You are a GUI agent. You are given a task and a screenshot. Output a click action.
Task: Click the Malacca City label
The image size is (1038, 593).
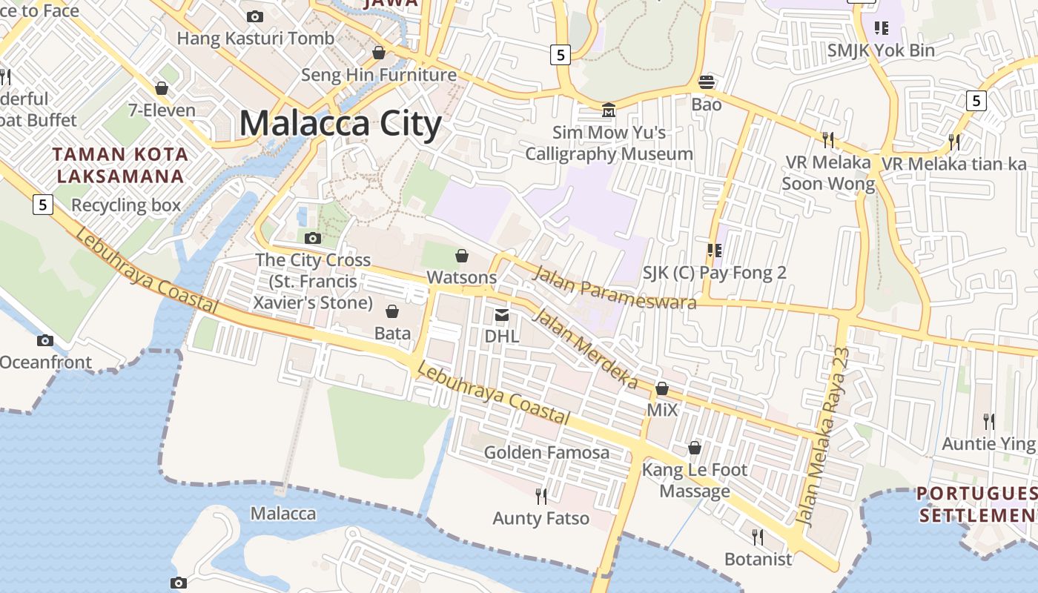click(x=340, y=124)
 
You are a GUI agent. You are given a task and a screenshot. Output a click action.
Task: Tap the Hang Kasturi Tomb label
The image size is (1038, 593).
click(x=255, y=38)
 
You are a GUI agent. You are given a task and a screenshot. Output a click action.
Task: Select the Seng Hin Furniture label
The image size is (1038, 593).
click(x=379, y=75)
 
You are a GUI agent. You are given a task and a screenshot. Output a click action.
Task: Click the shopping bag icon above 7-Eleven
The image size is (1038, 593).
click(x=162, y=89)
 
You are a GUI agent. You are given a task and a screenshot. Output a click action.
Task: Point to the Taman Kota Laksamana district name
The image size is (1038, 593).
click(x=121, y=165)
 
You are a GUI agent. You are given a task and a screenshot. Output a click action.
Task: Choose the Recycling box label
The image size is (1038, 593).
click(x=126, y=205)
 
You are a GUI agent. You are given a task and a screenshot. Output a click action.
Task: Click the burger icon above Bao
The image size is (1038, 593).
click(x=707, y=82)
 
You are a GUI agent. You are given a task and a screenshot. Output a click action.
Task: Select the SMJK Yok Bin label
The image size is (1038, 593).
click(x=881, y=50)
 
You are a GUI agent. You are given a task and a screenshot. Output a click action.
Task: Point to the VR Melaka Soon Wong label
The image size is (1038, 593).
click(x=828, y=173)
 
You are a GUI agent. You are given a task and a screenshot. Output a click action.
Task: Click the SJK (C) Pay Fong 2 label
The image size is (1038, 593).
click(x=715, y=273)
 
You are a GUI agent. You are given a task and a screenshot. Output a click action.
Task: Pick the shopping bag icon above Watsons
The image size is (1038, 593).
click(x=462, y=256)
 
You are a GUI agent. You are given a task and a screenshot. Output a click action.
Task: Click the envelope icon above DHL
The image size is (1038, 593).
click(x=502, y=316)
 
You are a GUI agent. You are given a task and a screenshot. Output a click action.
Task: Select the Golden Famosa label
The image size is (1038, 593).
click(x=546, y=452)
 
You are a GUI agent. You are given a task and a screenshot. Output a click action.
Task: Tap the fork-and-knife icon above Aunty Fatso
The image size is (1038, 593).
click(x=541, y=496)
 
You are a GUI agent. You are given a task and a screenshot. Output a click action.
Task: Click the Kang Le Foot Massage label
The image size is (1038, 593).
click(x=695, y=480)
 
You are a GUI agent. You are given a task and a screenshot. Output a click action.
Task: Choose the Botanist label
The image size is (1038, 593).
click(x=758, y=559)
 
